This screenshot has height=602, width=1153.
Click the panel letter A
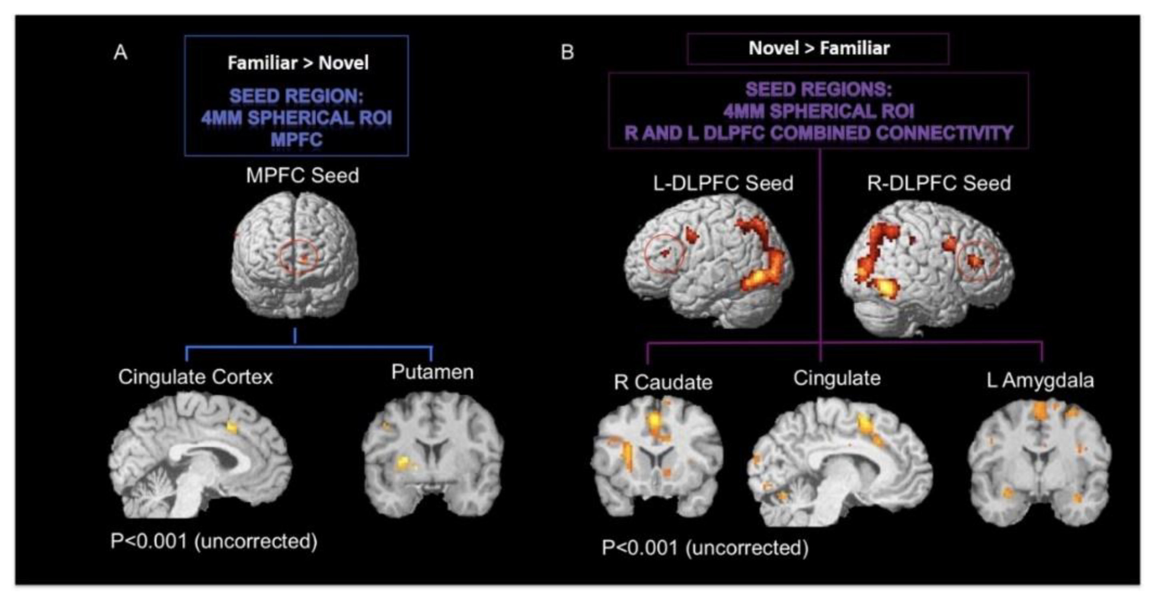point(120,53)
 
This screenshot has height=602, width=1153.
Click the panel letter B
point(567,52)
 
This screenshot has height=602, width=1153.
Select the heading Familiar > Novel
point(298,63)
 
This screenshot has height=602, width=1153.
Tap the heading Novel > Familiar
point(819,48)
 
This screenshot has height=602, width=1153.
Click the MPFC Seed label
point(302,175)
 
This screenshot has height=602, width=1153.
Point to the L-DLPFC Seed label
point(723,183)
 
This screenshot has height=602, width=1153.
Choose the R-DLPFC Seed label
point(939,183)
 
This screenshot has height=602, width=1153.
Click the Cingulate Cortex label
point(195,377)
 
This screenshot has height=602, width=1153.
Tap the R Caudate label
point(663,382)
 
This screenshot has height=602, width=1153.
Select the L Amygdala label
point(1040,381)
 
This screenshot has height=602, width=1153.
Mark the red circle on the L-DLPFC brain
point(665,254)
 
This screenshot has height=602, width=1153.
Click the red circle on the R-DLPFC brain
point(977,261)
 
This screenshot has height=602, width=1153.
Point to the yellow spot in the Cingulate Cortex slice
point(232,427)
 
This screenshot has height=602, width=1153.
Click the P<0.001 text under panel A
point(213,541)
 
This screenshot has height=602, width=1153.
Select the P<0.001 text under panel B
point(705,547)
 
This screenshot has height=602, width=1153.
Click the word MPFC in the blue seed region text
point(296,139)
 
